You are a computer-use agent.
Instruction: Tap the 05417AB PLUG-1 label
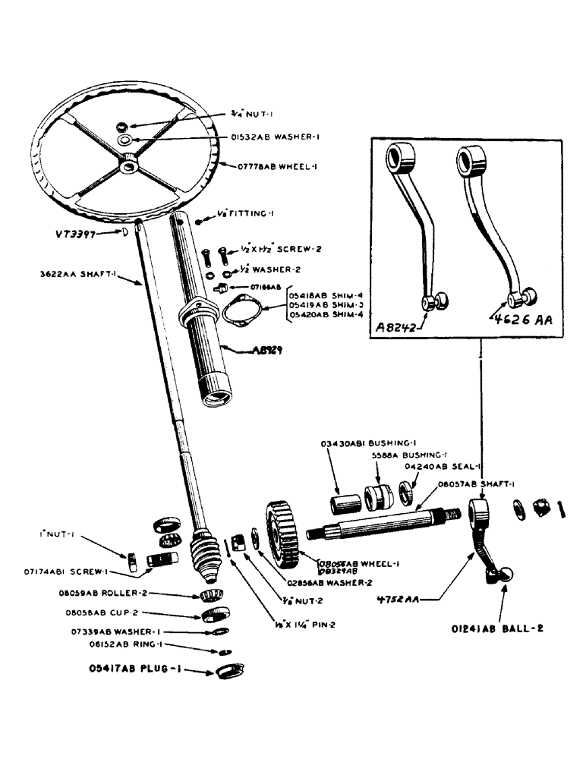(x=134, y=670)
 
